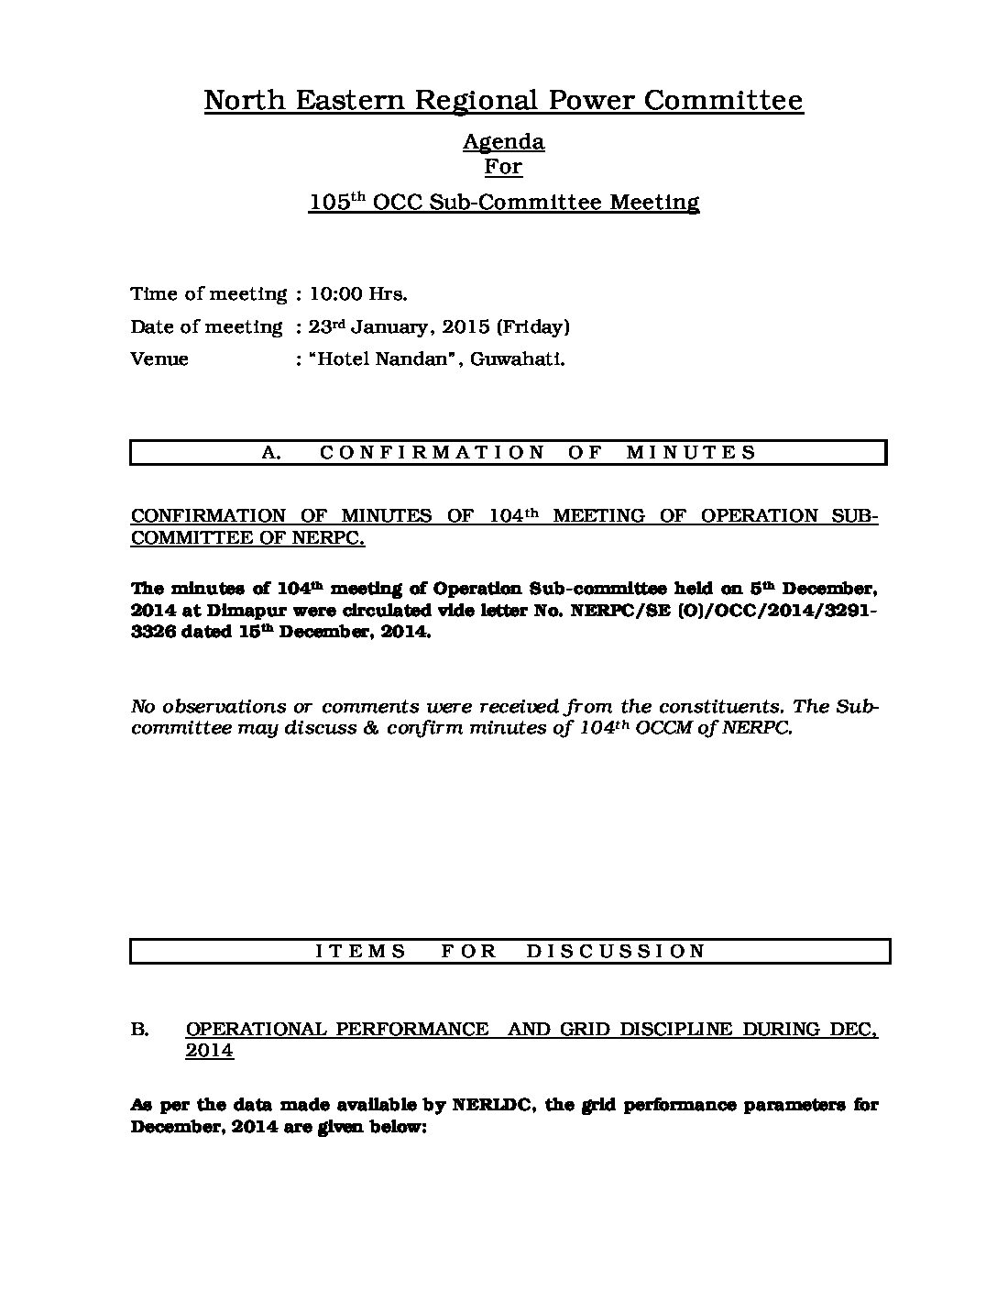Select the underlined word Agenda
tap(503, 141)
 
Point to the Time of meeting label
tap(209, 294)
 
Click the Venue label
tap(159, 359)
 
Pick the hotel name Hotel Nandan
tap(386, 359)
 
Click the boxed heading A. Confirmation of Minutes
tap(509, 452)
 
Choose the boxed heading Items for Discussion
tap(510, 951)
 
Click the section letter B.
tap(140, 1030)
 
